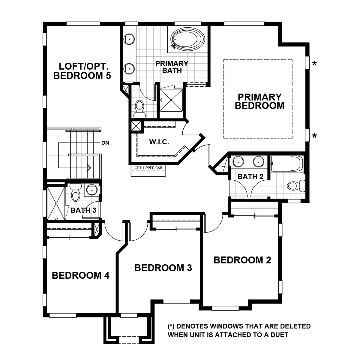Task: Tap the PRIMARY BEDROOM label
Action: pyautogui.click(x=259, y=101)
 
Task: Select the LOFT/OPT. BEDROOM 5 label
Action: pyautogui.click(x=82, y=70)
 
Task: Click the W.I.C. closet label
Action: pyautogui.click(x=159, y=142)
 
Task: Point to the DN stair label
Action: pyautogui.click(x=105, y=143)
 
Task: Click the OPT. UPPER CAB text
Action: pyautogui.click(x=148, y=168)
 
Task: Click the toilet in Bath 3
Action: pyautogui.click(x=75, y=193)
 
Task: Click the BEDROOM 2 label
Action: pyautogui.click(x=242, y=260)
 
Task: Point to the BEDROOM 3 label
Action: pyautogui.click(x=163, y=268)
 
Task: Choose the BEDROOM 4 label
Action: pyautogui.click(x=80, y=275)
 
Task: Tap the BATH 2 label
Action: pyautogui.click(x=250, y=177)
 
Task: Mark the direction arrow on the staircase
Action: pyautogui.click(x=89, y=167)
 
